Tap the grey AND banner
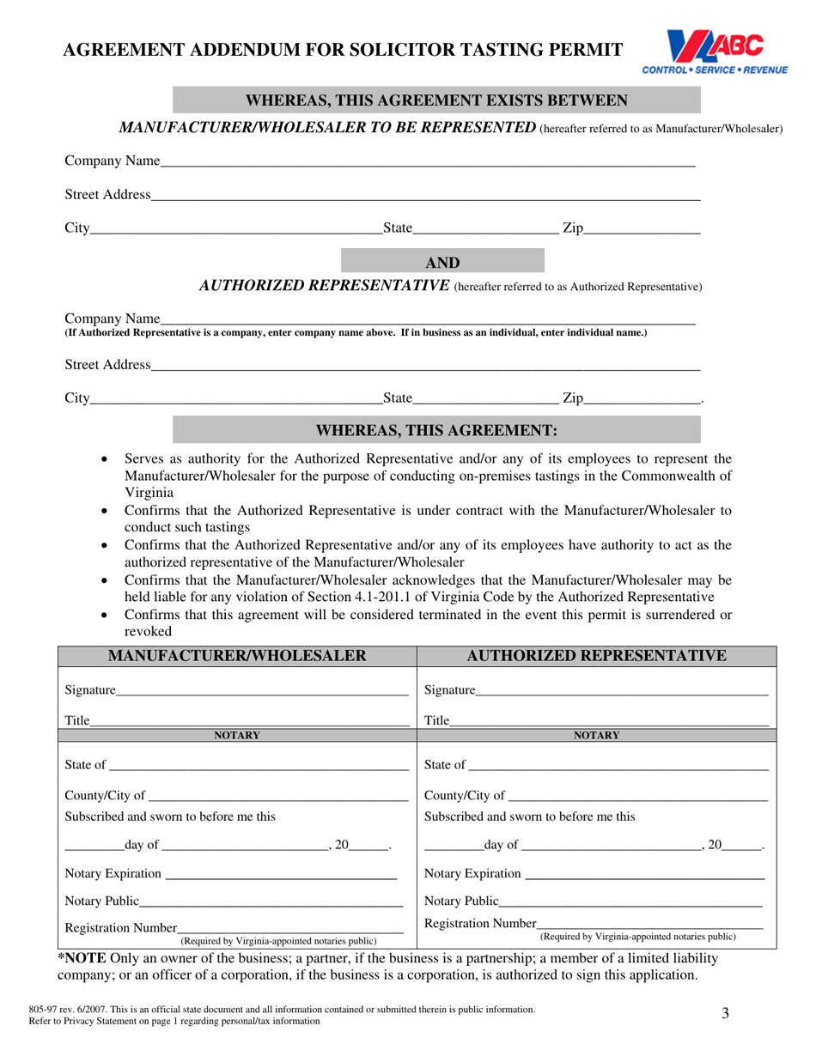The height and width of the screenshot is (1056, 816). pyautogui.click(x=442, y=263)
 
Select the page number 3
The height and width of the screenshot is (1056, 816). pyautogui.click(x=725, y=1014)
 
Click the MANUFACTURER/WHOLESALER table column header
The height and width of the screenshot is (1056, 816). pyautogui.click(x=237, y=657)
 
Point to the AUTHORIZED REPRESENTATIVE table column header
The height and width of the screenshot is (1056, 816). pyautogui.click(x=597, y=657)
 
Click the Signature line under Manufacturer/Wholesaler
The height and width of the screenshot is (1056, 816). pyautogui.click(x=262, y=690)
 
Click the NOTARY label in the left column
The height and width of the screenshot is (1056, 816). pyautogui.click(x=237, y=735)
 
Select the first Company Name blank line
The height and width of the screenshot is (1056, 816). pyautogui.click(x=427, y=161)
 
